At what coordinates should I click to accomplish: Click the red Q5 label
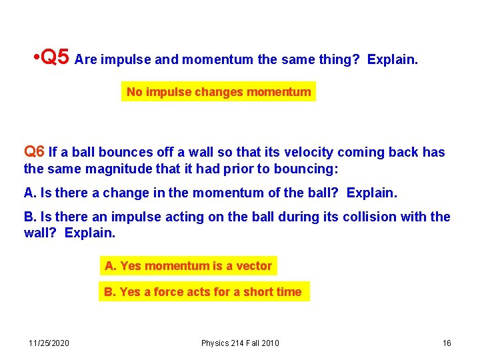(x=55, y=58)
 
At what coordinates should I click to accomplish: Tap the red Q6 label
(x=34, y=152)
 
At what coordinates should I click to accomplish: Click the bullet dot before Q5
(x=35, y=59)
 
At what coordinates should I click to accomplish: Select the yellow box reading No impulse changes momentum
(x=219, y=92)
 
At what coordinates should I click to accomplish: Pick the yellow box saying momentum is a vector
(x=188, y=266)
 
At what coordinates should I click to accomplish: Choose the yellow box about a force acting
(x=203, y=292)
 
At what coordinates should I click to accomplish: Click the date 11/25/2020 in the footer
(x=49, y=343)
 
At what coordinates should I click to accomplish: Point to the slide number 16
(x=447, y=343)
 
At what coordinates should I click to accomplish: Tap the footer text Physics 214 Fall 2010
(x=240, y=343)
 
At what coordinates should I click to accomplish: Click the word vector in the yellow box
(x=254, y=266)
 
